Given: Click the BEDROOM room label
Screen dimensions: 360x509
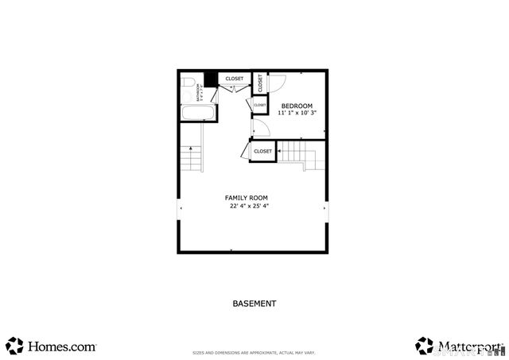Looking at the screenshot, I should [x=297, y=106].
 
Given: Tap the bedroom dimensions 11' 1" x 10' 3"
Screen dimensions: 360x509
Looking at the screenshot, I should [x=297, y=113].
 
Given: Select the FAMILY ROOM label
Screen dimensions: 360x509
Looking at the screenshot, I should [x=246, y=197].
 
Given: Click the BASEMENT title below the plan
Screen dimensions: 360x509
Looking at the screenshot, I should [x=254, y=304].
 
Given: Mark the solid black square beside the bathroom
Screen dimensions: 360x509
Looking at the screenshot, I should [x=211, y=79].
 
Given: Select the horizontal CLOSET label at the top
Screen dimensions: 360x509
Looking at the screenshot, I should [x=235, y=79].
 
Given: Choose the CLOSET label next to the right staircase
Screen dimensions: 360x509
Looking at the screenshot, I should [x=262, y=151].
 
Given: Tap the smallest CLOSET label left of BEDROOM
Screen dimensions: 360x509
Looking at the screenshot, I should [x=260, y=105].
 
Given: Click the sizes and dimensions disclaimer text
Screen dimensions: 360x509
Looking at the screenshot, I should [x=254, y=353].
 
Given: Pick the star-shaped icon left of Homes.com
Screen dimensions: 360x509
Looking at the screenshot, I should [x=14, y=346].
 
